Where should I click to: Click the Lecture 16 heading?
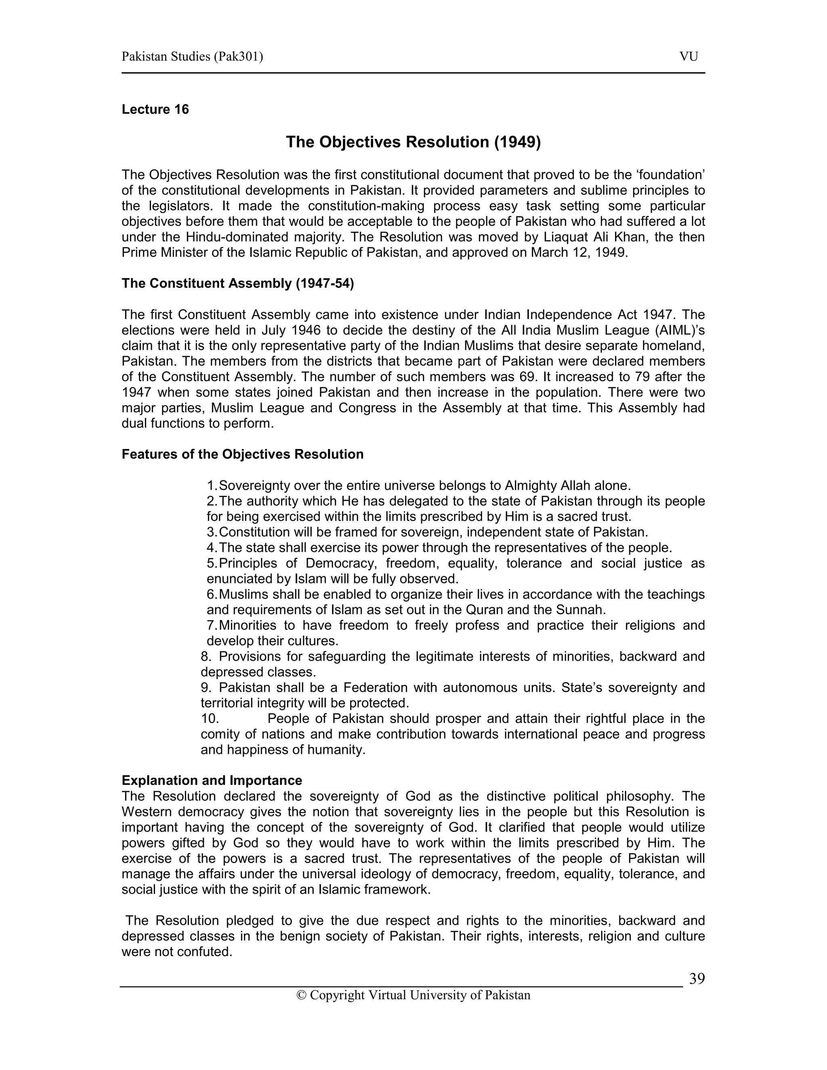coord(155,109)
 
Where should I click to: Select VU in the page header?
coord(688,57)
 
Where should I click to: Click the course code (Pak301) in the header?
coord(238,57)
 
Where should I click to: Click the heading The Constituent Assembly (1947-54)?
coord(237,284)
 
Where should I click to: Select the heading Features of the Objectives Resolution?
coord(243,454)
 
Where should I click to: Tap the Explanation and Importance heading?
coord(212,780)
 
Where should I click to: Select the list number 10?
coord(210,719)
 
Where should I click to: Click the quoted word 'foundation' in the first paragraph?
coord(673,175)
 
